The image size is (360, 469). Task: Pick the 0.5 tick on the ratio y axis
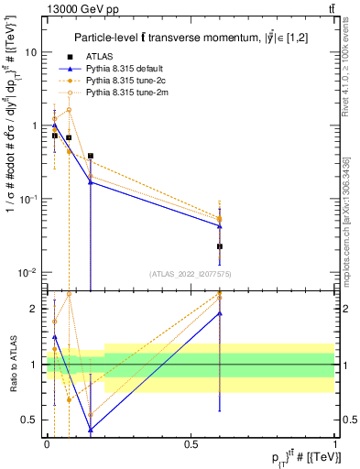click(x=31, y=420)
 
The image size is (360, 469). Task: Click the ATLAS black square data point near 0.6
click(x=220, y=246)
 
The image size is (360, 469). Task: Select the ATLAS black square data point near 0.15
click(x=91, y=157)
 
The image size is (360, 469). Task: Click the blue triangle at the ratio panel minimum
click(x=91, y=429)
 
